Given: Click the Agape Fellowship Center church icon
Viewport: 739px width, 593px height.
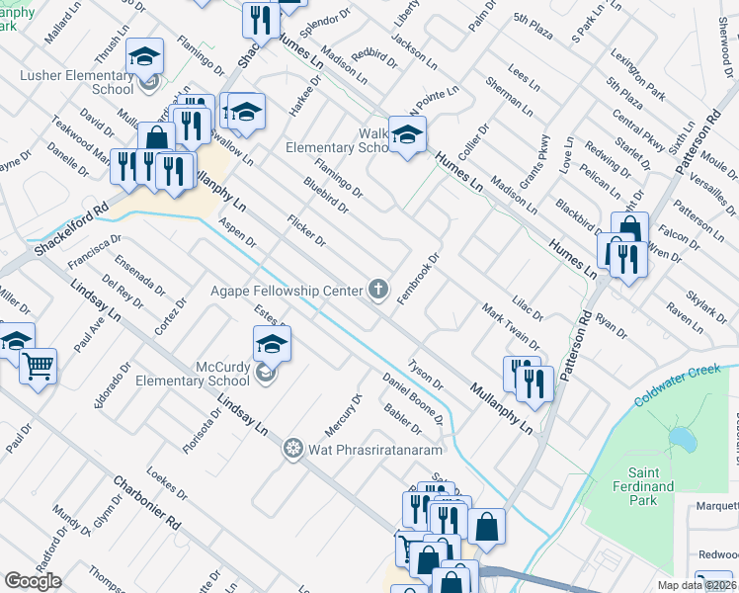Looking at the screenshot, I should coord(376,290).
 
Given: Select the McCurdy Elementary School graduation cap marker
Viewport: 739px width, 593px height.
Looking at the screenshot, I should coord(272,345).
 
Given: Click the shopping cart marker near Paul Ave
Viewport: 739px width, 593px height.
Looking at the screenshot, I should coord(39,369).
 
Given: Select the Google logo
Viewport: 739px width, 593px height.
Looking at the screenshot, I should coord(34,580).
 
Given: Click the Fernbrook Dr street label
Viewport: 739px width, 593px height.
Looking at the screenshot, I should coord(417,279).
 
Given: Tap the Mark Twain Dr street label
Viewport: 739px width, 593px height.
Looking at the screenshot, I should coord(510,328).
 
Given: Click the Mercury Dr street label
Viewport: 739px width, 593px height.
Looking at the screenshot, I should coord(344,416).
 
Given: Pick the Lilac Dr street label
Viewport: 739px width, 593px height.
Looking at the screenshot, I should coord(528,307).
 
